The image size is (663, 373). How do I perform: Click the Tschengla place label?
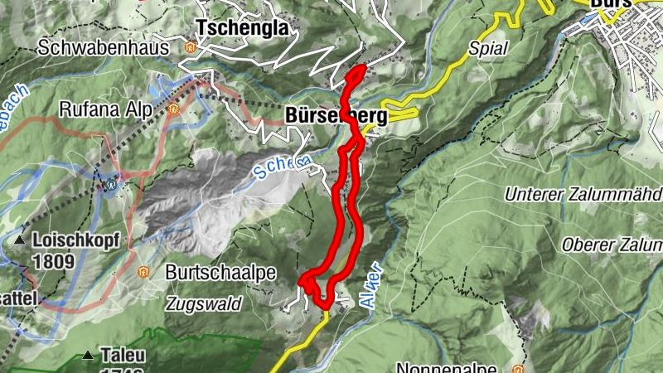[242, 27]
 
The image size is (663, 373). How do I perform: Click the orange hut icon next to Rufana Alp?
[173, 109]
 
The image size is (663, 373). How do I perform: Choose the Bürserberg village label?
[336, 117]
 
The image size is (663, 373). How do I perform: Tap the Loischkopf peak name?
[76, 241]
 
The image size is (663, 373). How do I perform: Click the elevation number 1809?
[55, 262]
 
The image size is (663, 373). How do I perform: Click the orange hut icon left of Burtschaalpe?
[143, 271]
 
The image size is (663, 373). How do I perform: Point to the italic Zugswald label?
[202, 304]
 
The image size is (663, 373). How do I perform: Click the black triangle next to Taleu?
[89, 356]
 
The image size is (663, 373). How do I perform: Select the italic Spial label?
[487, 47]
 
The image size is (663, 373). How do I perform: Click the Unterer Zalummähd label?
[583, 195]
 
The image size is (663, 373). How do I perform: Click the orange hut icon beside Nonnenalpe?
[519, 368]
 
